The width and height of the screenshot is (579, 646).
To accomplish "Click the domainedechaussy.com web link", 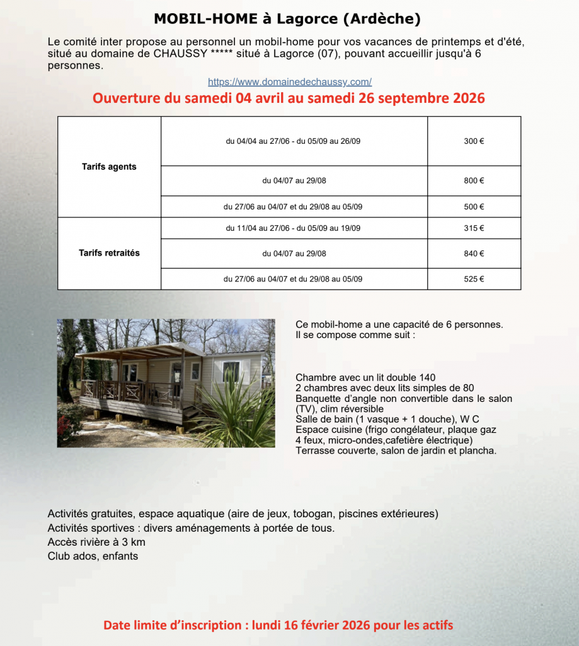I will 289,82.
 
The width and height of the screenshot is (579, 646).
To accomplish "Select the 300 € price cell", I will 474,141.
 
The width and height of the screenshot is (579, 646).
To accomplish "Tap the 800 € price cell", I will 474,180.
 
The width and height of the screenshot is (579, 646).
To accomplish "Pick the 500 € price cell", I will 474,207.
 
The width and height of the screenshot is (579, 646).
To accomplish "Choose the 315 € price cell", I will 474,228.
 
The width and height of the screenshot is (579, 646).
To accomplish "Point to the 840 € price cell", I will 474,254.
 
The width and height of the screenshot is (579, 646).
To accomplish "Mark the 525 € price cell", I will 474,279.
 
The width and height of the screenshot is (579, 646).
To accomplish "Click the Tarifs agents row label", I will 109,167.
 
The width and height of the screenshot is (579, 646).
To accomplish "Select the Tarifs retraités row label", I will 109,253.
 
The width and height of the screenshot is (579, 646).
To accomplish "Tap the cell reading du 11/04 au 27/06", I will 293,228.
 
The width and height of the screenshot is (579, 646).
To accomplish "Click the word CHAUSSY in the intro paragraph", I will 180,54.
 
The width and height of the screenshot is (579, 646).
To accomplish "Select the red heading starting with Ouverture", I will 289,99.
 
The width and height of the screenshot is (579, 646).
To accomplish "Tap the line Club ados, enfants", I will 93,556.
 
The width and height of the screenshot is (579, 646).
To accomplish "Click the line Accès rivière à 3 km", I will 96,543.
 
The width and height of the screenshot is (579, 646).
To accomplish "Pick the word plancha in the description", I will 479,451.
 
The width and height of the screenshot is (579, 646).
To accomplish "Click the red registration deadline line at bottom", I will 278,626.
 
